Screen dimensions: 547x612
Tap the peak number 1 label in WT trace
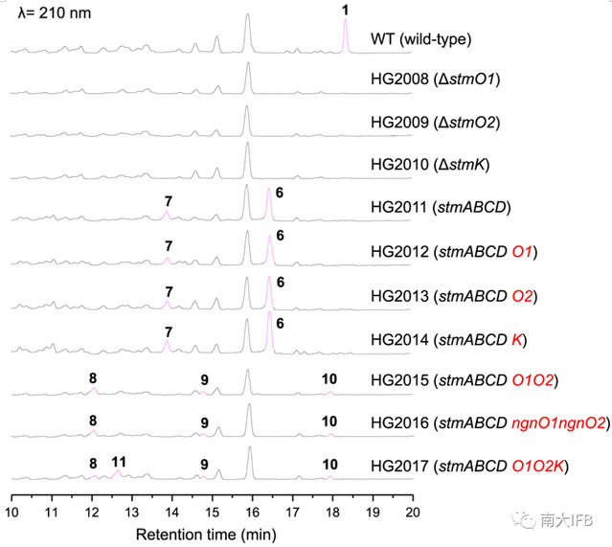coord(346,9)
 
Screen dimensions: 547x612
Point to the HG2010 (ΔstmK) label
coord(430,165)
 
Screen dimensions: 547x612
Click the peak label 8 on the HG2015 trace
coord(93,378)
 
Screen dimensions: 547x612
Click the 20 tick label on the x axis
coord(413,510)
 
